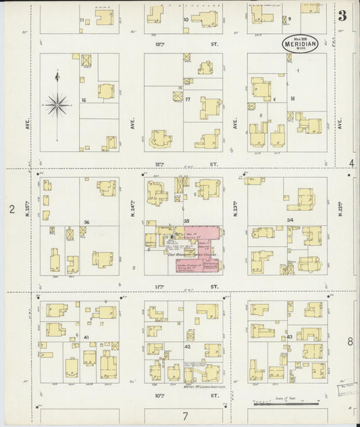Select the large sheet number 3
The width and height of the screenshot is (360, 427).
tap(342, 16)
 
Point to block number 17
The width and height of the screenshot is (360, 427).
tap(188, 99)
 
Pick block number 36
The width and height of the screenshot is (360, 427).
tap(86, 222)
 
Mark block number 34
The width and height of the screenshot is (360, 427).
tap(290, 220)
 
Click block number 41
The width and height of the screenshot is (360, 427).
tap(86, 336)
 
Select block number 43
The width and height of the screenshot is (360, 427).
tap(290, 336)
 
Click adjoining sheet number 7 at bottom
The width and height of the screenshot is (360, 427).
tap(184, 415)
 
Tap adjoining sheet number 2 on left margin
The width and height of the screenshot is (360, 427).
tap(11, 209)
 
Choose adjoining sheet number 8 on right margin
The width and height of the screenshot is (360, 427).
tap(350, 342)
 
